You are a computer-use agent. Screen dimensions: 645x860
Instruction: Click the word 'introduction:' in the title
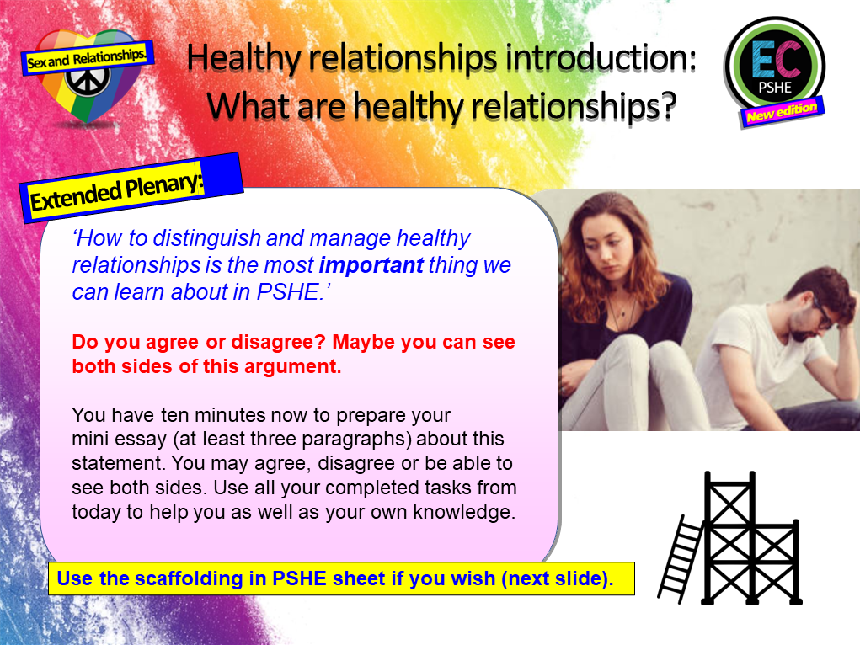tap(606, 57)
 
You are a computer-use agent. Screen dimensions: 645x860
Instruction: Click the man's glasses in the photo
tap(820, 312)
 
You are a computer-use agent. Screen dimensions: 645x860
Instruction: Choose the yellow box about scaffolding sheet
tap(340, 579)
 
